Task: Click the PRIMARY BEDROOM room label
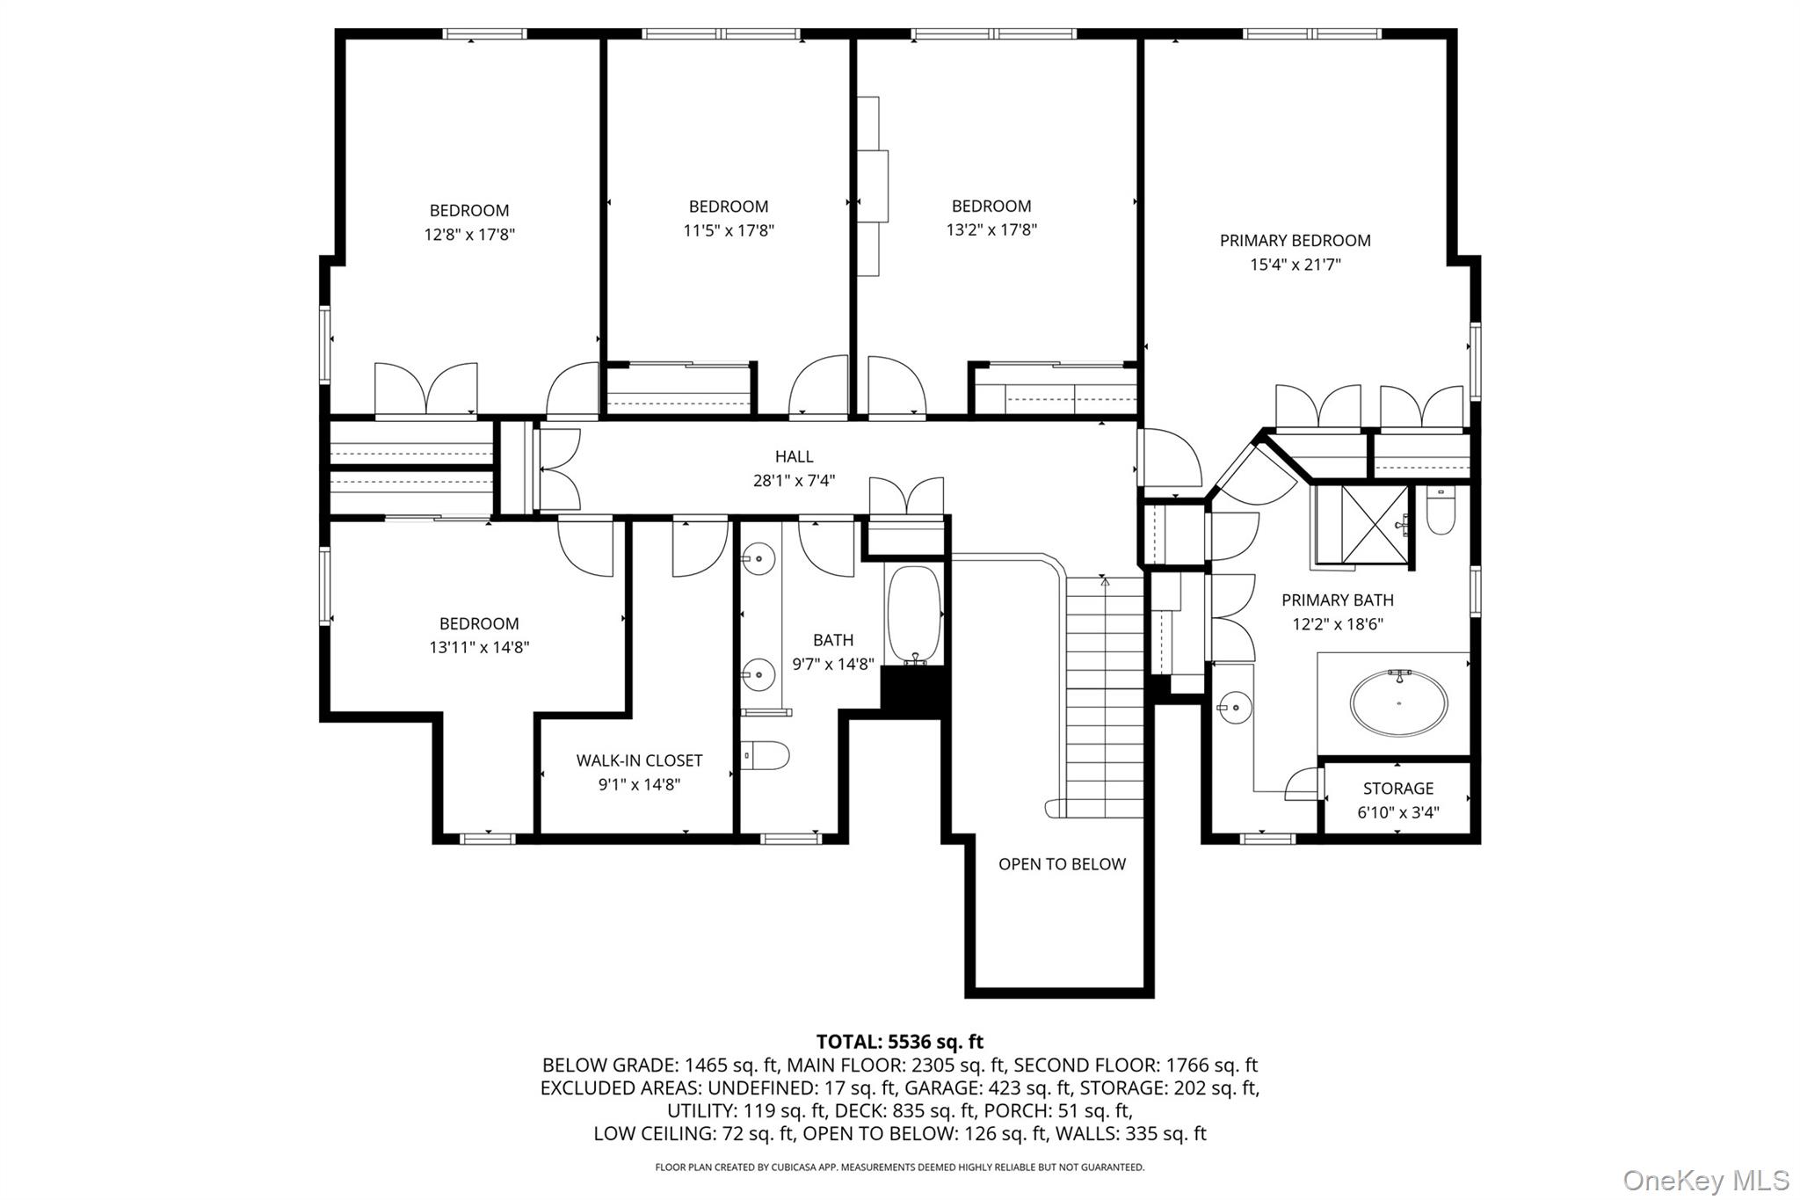pyautogui.click(x=1295, y=240)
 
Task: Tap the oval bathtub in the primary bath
pyautogui.click(x=1398, y=703)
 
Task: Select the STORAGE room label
pyautogui.click(x=1397, y=789)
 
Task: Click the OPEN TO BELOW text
pyautogui.click(x=1062, y=864)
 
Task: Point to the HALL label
pyautogui.click(x=794, y=456)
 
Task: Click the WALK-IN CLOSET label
pyautogui.click(x=639, y=760)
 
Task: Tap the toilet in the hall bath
pyautogui.click(x=765, y=755)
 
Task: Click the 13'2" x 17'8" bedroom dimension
pyautogui.click(x=991, y=230)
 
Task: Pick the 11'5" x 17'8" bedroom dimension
pyautogui.click(x=729, y=230)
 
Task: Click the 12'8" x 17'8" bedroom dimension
pyautogui.click(x=468, y=235)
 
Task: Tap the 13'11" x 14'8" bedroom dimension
pyautogui.click(x=478, y=648)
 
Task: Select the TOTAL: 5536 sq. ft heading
pyautogui.click(x=899, y=1043)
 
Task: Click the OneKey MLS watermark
pyautogui.click(x=1706, y=1179)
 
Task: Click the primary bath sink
pyautogui.click(x=1234, y=706)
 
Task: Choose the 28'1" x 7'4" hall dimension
pyautogui.click(x=794, y=481)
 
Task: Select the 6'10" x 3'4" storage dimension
pyautogui.click(x=1397, y=813)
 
